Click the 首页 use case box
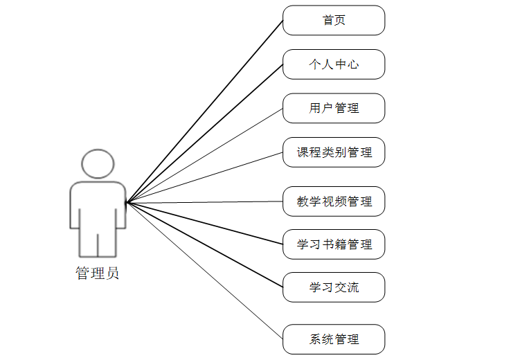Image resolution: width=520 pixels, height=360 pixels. pyautogui.click(x=334, y=20)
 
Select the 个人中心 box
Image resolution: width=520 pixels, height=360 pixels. pyautogui.click(x=334, y=64)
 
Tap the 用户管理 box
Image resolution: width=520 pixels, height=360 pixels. pyautogui.click(x=334, y=108)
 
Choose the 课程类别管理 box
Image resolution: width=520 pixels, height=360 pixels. pyautogui.click(x=334, y=152)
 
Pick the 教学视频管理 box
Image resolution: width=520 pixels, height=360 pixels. pyautogui.click(x=334, y=201)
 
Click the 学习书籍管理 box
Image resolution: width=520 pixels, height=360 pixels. pyautogui.click(x=334, y=244)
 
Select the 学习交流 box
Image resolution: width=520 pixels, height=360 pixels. pyautogui.click(x=334, y=287)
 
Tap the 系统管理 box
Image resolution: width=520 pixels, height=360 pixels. pyautogui.click(x=334, y=339)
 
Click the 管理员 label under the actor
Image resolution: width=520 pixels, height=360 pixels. pyautogui.click(x=97, y=273)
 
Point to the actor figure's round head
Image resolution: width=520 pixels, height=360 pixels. pyautogui.click(x=98, y=163)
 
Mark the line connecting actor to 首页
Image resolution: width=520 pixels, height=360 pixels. pyautogui.click(x=204, y=111)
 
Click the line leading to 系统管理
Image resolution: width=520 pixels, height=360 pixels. pyautogui.click(x=204, y=271)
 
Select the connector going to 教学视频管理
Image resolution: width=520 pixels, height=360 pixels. pyautogui.click(x=204, y=202)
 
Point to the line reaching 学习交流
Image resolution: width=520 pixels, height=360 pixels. pyautogui.click(x=204, y=245)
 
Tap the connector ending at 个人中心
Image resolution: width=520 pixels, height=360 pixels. pyautogui.click(x=204, y=134)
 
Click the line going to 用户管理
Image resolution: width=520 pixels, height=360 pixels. pyautogui.click(x=204, y=156)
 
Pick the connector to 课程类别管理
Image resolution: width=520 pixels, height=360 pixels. pyautogui.click(x=204, y=178)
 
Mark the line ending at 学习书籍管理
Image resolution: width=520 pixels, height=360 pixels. pyautogui.click(x=204, y=224)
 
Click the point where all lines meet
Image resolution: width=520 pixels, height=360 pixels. pyautogui.click(x=126, y=203)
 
